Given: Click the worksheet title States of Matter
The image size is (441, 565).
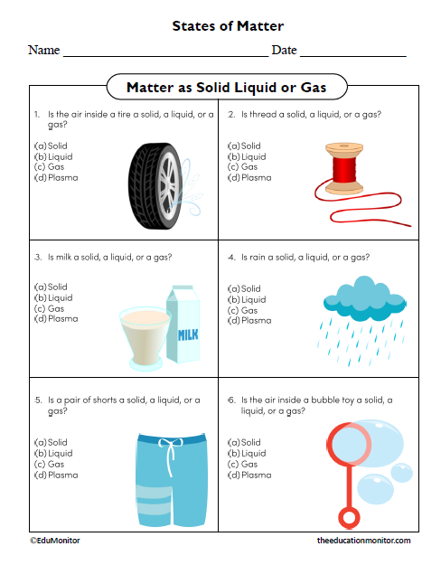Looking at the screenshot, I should pos(228,26).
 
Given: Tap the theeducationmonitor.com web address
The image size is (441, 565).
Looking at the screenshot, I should pos(364,540).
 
